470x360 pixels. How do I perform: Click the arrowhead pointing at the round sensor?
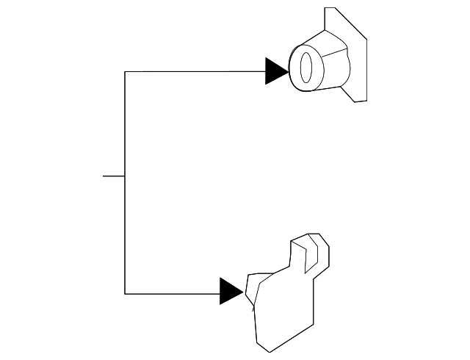click(x=275, y=71)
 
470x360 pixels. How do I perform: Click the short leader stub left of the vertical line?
click(x=113, y=176)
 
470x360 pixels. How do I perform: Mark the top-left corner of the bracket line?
click(x=125, y=71)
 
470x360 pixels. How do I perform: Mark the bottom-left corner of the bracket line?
click(x=125, y=293)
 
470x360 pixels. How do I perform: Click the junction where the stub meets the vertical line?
click(x=125, y=176)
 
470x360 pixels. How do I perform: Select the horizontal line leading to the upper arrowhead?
click(x=195, y=71)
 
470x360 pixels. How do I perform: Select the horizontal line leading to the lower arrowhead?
click(x=173, y=293)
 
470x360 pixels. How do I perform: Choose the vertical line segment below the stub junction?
click(x=125, y=235)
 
